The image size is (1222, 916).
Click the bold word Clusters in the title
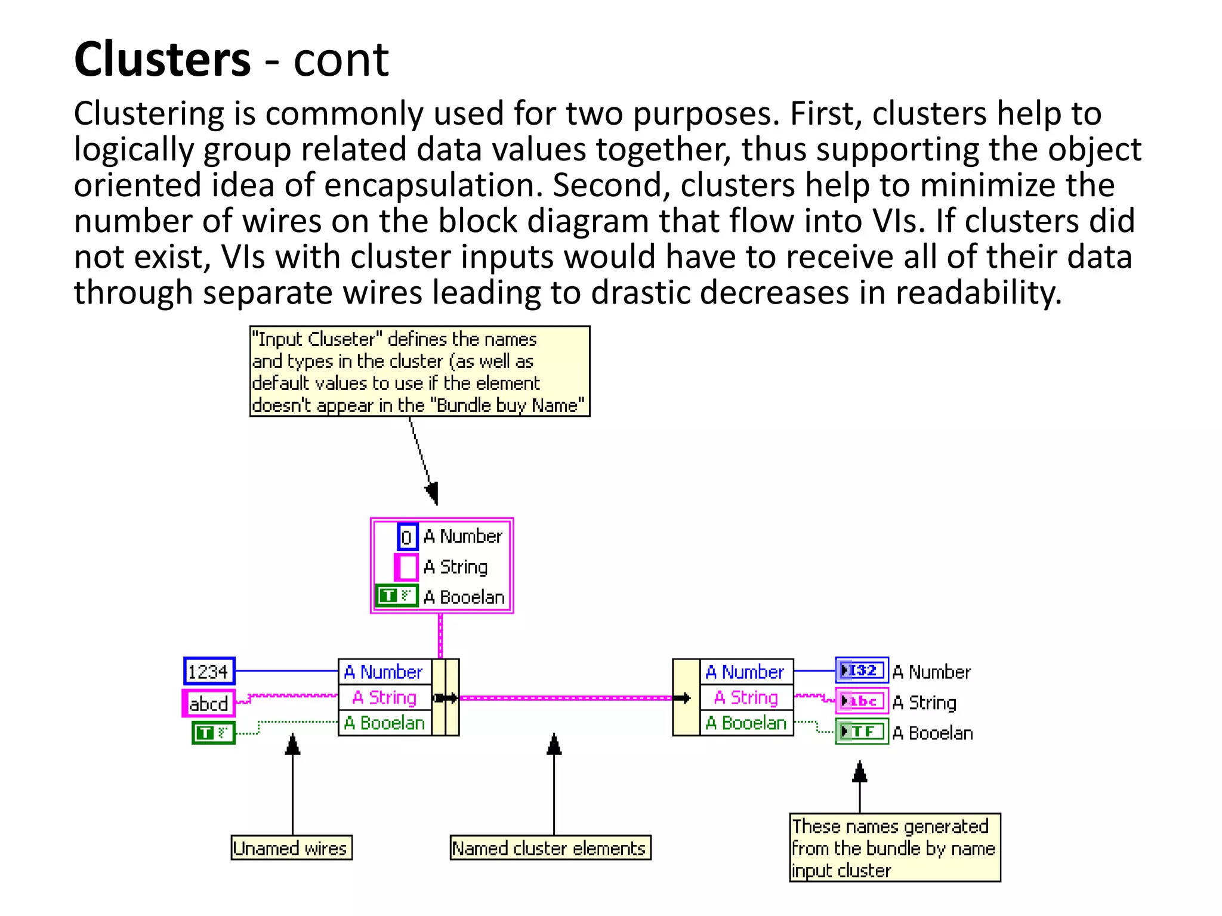[x=162, y=60]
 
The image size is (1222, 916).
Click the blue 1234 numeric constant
[x=209, y=671]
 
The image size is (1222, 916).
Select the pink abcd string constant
[x=208, y=704]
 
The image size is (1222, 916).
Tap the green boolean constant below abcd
[x=213, y=732]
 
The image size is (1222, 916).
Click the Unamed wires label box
[x=291, y=848]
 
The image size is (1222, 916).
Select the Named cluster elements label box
[x=550, y=848]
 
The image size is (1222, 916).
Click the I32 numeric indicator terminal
[x=862, y=671]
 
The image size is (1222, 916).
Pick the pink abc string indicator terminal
[x=862, y=702]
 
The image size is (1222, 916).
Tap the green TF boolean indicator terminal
[x=862, y=732]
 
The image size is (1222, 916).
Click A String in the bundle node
[x=385, y=697]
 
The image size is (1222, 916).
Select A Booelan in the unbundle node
[x=746, y=723]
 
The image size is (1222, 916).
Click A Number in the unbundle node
[x=746, y=672]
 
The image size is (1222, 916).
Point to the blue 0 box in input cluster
[x=407, y=537]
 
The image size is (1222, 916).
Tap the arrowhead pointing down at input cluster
[x=433, y=494]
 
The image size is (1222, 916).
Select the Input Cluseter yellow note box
[x=419, y=371]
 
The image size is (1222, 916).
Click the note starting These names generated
[x=894, y=847]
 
